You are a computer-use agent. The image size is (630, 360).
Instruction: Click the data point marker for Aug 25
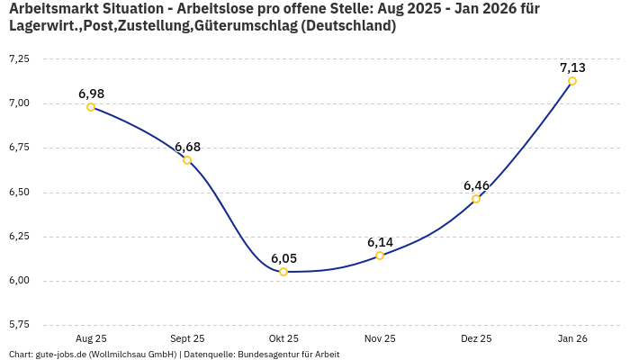point(91,107)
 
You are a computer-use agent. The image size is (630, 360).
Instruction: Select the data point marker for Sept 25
point(187,160)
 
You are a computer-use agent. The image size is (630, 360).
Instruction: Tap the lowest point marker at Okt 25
point(283,272)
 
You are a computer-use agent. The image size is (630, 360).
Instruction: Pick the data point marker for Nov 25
point(380,256)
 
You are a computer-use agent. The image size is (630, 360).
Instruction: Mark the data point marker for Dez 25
point(476,199)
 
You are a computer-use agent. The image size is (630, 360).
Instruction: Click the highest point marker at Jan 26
point(572,81)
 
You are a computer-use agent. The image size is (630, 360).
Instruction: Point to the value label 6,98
point(91,94)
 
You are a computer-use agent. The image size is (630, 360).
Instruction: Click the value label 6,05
point(283,258)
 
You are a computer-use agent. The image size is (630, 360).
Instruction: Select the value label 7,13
point(572,67)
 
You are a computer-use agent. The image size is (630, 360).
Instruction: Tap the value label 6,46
point(476,185)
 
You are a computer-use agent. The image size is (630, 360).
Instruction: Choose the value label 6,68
point(187,147)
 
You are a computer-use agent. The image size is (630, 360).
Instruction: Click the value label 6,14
point(380,242)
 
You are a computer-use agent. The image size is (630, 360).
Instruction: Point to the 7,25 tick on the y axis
point(18,58)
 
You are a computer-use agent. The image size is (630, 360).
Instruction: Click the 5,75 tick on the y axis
point(18,324)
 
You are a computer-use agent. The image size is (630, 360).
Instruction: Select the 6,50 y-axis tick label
point(18,192)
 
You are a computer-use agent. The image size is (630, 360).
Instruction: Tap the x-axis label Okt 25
point(283,338)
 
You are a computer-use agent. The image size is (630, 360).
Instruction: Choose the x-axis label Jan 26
point(572,338)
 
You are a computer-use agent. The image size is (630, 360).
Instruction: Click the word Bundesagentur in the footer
point(265,354)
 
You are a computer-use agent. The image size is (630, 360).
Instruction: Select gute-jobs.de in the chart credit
point(57,354)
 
